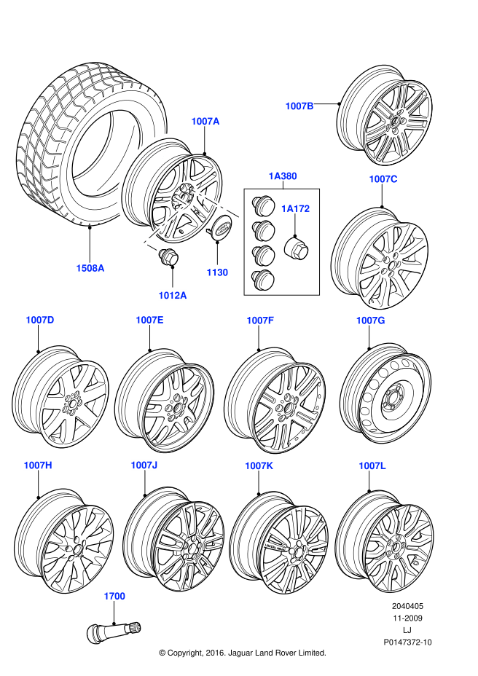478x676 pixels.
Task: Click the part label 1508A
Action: (x=90, y=268)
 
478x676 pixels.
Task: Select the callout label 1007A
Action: (x=205, y=122)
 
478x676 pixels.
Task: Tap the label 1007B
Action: (x=299, y=106)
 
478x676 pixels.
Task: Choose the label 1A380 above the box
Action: (x=282, y=176)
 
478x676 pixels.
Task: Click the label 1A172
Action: (x=296, y=208)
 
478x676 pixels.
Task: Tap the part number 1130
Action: (x=217, y=272)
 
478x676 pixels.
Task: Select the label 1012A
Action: (x=173, y=295)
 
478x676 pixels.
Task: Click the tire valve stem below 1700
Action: (x=114, y=627)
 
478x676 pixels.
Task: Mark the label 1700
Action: (x=114, y=596)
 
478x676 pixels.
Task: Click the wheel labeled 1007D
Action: (x=60, y=396)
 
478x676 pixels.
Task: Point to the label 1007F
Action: (x=259, y=320)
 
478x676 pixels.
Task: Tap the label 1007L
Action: (x=372, y=465)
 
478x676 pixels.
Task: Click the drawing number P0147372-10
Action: (x=408, y=642)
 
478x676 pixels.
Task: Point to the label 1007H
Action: (x=38, y=465)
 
